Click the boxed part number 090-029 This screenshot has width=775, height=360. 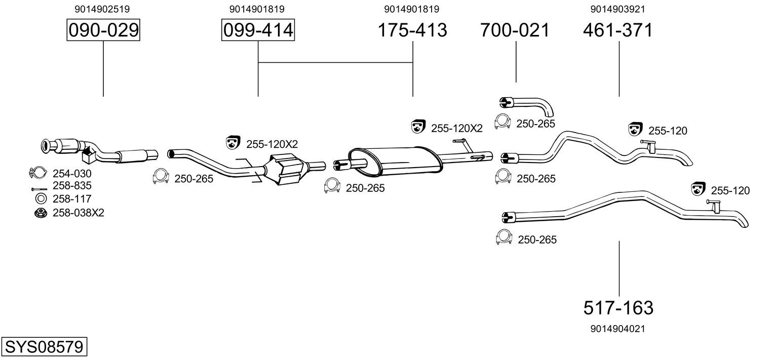[103, 30]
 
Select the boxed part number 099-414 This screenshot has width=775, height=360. [258, 30]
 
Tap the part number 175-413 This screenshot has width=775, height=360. [412, 30]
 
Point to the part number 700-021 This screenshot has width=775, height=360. [515, 30]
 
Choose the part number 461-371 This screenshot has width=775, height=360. [618, 30]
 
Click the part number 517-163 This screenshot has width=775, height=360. [618, 307]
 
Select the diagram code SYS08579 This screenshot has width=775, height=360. [44, 346]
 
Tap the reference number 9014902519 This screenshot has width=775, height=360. [102, 9]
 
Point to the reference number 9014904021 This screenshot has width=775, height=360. [618, 329]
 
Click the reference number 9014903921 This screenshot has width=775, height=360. [618, 9]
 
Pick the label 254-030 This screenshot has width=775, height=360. [72, 173]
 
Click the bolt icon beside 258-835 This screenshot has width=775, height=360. [38, 189]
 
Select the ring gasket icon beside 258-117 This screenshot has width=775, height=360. [41, 198]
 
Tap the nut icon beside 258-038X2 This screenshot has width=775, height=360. [41, 213]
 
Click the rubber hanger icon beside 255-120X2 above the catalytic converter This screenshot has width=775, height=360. [233, 142]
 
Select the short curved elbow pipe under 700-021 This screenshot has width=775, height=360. [527, 105]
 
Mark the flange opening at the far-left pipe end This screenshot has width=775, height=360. [45, 146]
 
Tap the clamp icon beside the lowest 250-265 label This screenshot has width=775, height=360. [503, 237]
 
